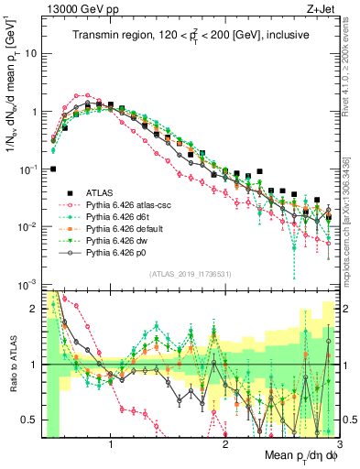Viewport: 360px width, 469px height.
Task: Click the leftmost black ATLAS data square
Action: tap(53, 169)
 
